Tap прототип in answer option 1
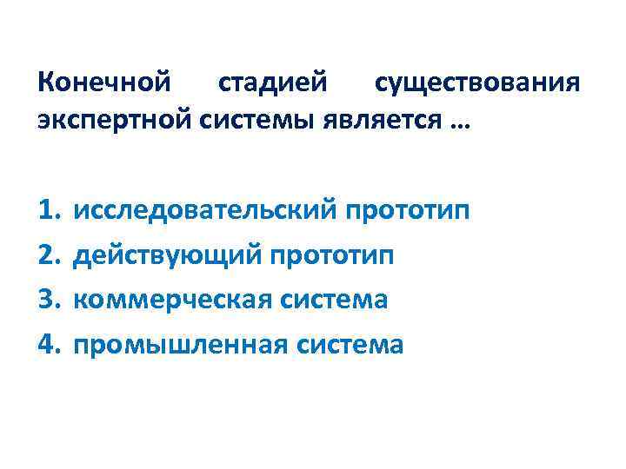tap(409, 209)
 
